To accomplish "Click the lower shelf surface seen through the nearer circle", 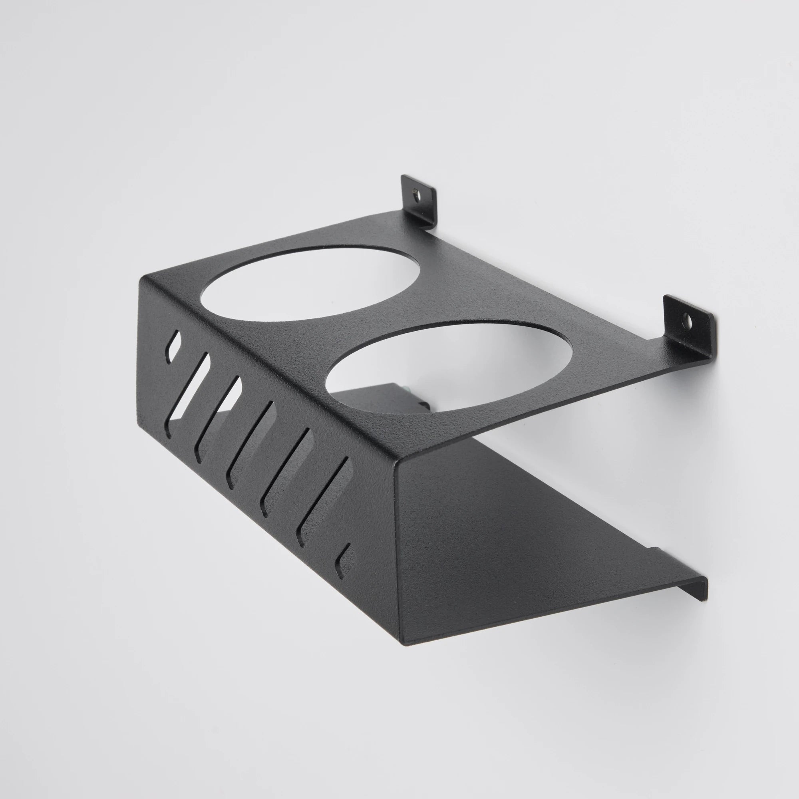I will coord(372,397).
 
